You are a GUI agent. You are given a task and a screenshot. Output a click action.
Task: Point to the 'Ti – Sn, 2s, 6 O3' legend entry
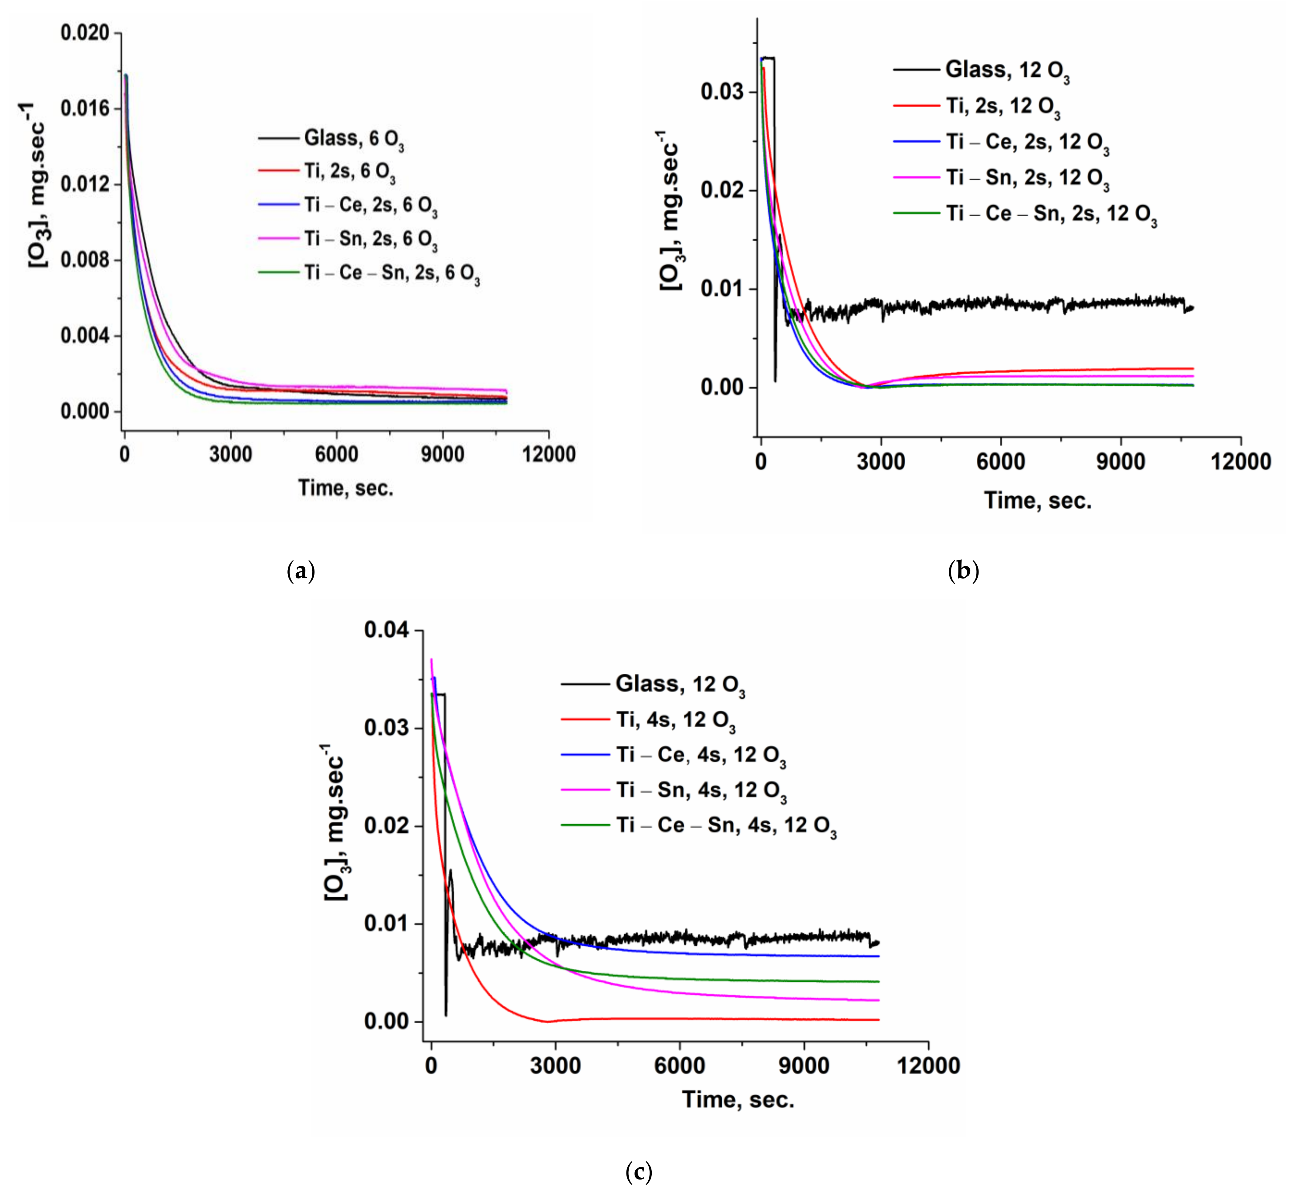click(x=371, y=239)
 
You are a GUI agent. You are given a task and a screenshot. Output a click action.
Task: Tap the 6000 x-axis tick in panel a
click(x=336, y=454)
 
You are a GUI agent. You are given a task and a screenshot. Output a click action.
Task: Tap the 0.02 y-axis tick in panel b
click(x=721, y=191)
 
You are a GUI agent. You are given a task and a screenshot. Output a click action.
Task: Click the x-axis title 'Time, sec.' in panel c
click(x=738, y=1099)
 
